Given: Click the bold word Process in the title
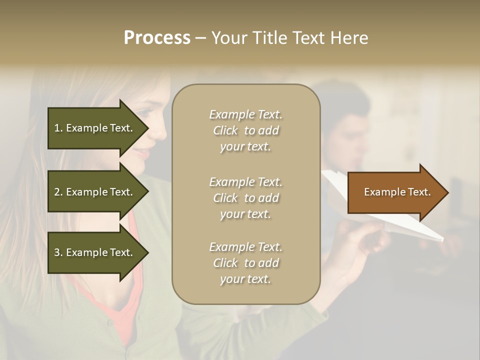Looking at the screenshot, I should click(157, 38).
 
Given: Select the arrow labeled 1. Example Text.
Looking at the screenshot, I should click(95, 128).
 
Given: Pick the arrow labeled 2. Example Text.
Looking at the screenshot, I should click(95, 192).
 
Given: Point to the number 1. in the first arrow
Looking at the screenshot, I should click(58, 128).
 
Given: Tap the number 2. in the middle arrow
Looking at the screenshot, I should click(58, 192).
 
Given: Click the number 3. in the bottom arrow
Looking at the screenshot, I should click(58, 253).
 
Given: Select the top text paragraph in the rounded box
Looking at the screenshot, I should click(245, 130).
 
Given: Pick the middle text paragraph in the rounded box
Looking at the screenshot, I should click(245, 198).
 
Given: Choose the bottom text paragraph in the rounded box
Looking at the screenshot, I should click(245, 263).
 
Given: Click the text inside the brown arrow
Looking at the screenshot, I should click(397, 192).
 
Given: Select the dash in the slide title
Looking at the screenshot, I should click(200, 38).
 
